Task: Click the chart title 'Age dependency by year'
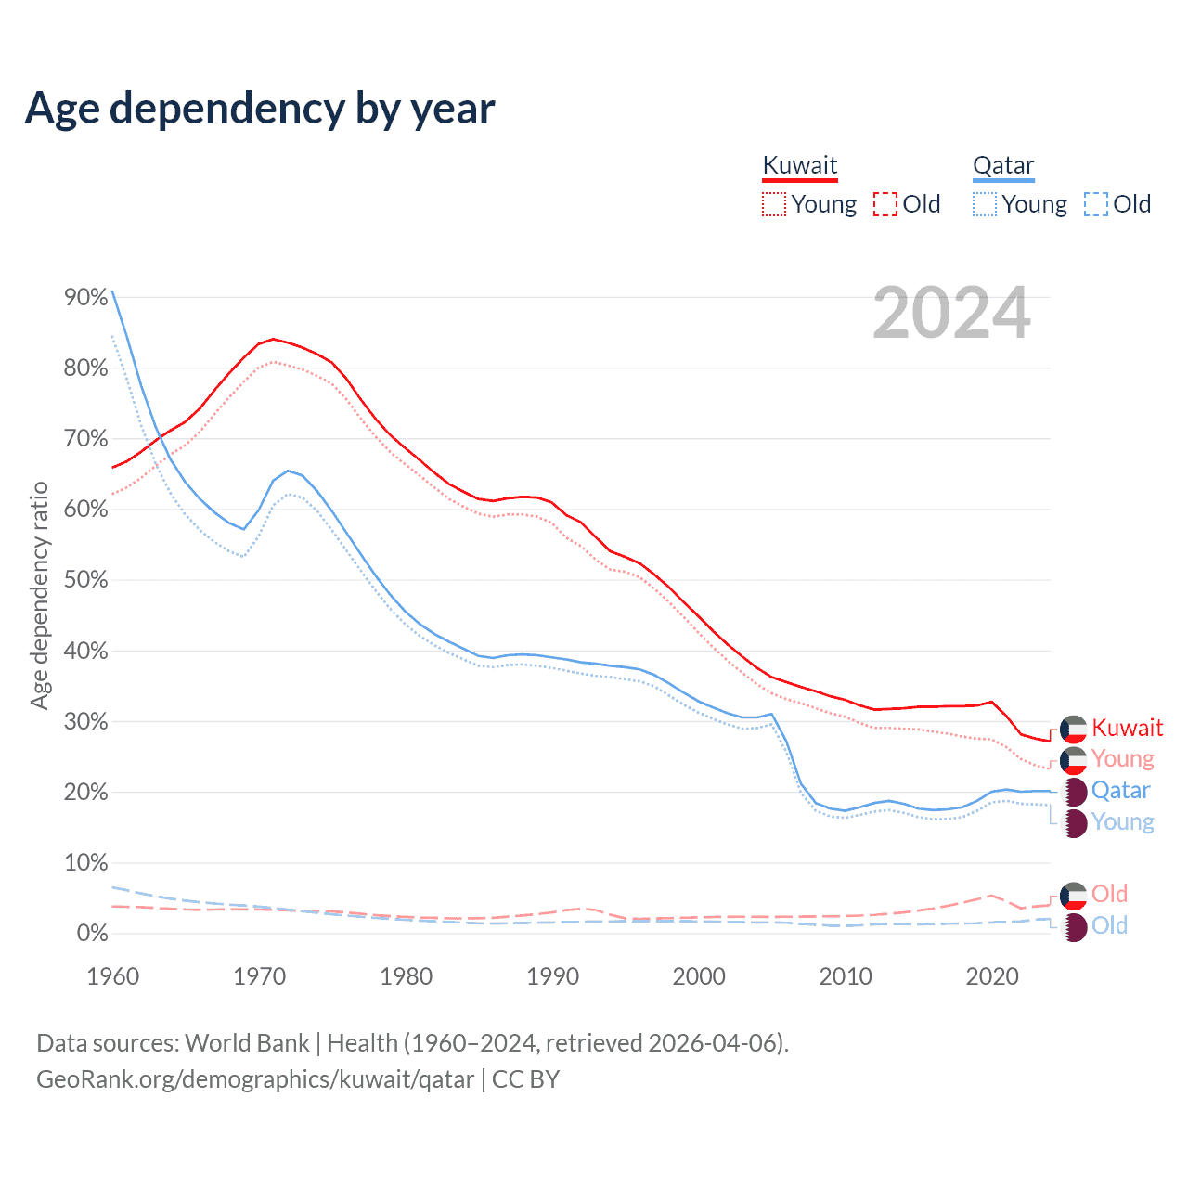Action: coord(260,109)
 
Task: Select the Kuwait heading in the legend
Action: coord(799,166)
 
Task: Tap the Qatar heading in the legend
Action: coord(1002,166)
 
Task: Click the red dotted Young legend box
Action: coord(774,204)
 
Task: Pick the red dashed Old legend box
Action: coord(885,204)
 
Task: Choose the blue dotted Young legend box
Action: coord(985,204)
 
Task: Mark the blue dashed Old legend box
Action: coord(1096,204)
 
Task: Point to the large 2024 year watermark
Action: coord(951,314)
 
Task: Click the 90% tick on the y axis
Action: coord(85,297)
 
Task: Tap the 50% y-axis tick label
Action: coord(85,580)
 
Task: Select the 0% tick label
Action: coord(92,934)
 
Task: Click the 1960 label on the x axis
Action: coord(112,976)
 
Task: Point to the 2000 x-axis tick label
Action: coord(699,976)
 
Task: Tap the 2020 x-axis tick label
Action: coord(992,976)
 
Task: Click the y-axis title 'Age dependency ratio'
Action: coord(39,595)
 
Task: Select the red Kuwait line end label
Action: coord(1127,728)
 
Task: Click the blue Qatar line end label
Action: coord(1120,791)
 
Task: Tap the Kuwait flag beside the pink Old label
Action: coord(1074,896)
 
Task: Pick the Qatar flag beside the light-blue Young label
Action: coord(1074,823)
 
